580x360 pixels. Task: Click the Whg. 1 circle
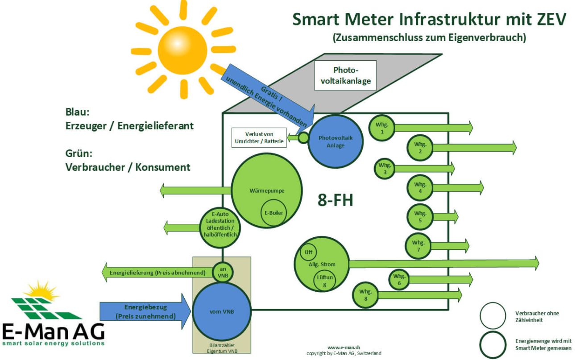coord(381,128)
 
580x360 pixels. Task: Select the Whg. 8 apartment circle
coord(366,295)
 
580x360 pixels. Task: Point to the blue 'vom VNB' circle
coord(222,311)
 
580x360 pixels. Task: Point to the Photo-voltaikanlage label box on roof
coord(345,75)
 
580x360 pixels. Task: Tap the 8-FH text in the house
coord(335,200)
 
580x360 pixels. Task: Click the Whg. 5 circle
coord(420,216)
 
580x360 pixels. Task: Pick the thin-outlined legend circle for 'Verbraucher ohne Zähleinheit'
coord(493,315)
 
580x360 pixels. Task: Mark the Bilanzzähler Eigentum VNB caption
coord(222,349)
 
